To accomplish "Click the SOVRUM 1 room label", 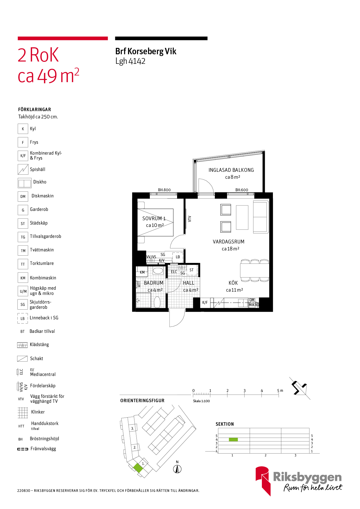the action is (x=154, y=219).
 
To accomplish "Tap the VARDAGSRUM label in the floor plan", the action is (x=228, y=242).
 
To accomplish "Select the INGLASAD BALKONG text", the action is (x=231, y=170).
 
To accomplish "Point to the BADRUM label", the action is (x=154, y=283).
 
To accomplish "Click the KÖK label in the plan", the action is (x=233, y=283).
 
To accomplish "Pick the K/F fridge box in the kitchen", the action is (x=205, y=302).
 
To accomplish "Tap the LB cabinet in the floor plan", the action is (x=178, y=257).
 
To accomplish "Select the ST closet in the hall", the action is (x=192, y=270).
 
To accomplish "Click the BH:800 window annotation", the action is (x=164, y=190).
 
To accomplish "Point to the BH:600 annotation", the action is (x=242, y=190).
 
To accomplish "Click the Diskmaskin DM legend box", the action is (x=23, y=196).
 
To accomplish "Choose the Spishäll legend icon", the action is (x=23, y=169).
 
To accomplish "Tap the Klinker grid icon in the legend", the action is (x=23, y=412).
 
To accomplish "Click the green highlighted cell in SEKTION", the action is (x=233, y=439).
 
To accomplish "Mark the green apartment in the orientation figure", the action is (x=138, y=468).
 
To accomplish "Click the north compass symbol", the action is (x=177, y=469).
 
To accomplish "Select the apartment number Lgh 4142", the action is (x=130, y=61).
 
